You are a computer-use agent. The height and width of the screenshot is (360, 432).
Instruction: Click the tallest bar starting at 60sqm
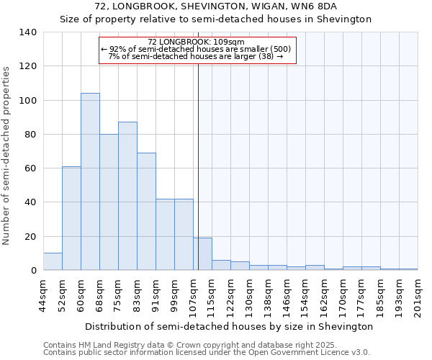[x=90, y=181]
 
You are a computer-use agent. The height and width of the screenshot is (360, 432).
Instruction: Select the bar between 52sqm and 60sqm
[x=71, y=218]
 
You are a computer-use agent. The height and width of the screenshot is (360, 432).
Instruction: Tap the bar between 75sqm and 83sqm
[x=127, y=196]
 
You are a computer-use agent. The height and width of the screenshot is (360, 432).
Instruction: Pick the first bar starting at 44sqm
[x=53, y=262]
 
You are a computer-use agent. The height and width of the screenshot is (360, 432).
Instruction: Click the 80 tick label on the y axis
[x=31, y=135]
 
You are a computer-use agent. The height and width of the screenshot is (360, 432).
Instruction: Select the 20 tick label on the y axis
[x=31, y=237]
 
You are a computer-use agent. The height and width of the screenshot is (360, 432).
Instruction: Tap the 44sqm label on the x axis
[x=43, y=295]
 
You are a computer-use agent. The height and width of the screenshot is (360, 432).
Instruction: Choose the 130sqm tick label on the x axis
[x=249, y=297]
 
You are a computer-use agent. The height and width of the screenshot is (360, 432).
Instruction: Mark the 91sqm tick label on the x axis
[x=156, y=295]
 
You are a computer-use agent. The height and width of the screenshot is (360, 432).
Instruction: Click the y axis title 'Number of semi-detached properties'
[x=7, y=156]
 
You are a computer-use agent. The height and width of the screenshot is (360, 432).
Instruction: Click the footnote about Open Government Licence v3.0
[x=207, y=353]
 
